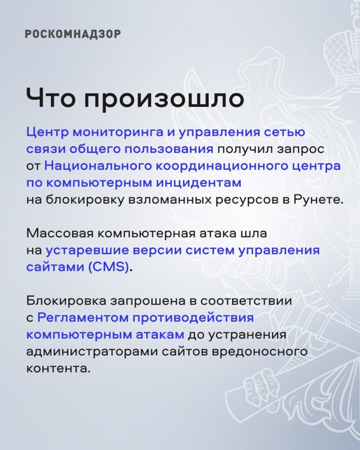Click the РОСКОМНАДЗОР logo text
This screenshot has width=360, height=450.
[x=73, y=34]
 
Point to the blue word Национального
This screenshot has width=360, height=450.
[x=98, y=166]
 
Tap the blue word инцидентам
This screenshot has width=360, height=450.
[x=199, y=183]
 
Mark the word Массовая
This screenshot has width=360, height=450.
[x=60, y=233]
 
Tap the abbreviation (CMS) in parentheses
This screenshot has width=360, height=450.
[x=109, y=267]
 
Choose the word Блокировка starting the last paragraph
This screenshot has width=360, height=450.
[x=67, y=301]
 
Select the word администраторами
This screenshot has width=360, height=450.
[x=92, y=352]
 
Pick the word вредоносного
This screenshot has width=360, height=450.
[x=259, y=352]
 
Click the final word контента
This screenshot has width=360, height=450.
[x=58, y=369]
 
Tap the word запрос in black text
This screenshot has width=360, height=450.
[x=300, y=150]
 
